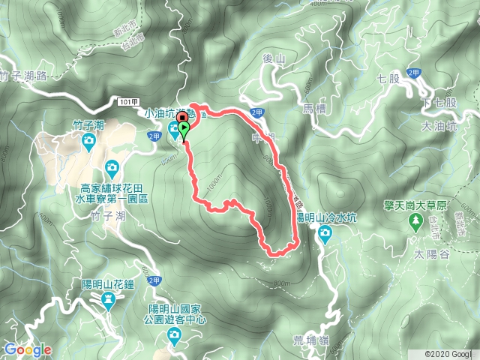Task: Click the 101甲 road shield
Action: [x=128, y=100]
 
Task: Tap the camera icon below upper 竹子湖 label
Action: [x=88, y=140]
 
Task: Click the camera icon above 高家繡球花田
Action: [x=112, y=166]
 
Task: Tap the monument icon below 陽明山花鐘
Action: [x=109, y=300]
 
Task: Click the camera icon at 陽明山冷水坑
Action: [x=325, y=233]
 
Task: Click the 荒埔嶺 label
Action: [x=309, y=340]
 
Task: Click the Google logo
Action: [x=28, y=349]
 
